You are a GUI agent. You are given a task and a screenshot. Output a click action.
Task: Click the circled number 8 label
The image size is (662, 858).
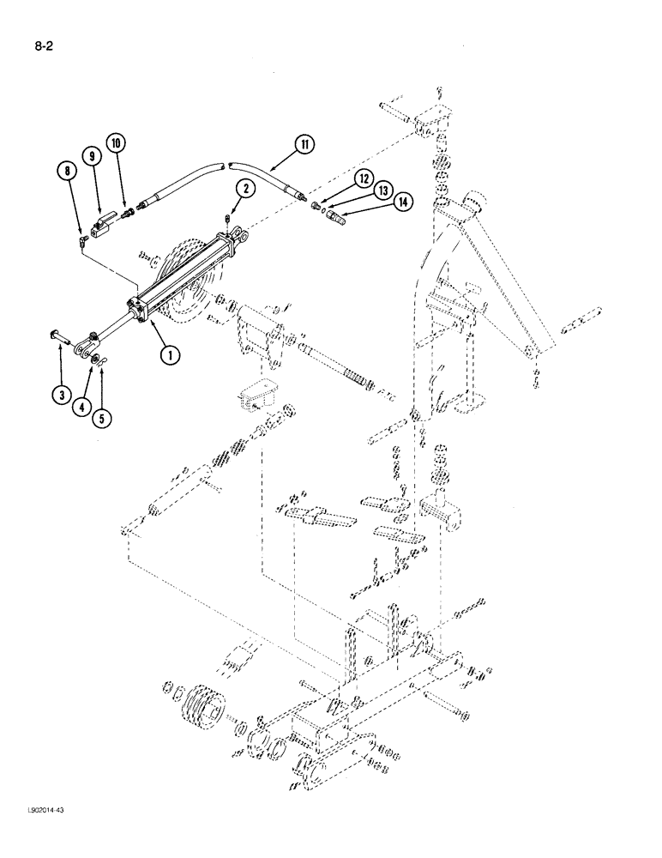(x=66, y=173)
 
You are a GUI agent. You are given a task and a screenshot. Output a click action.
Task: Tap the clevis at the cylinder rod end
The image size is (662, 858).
(x=81, y=348)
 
